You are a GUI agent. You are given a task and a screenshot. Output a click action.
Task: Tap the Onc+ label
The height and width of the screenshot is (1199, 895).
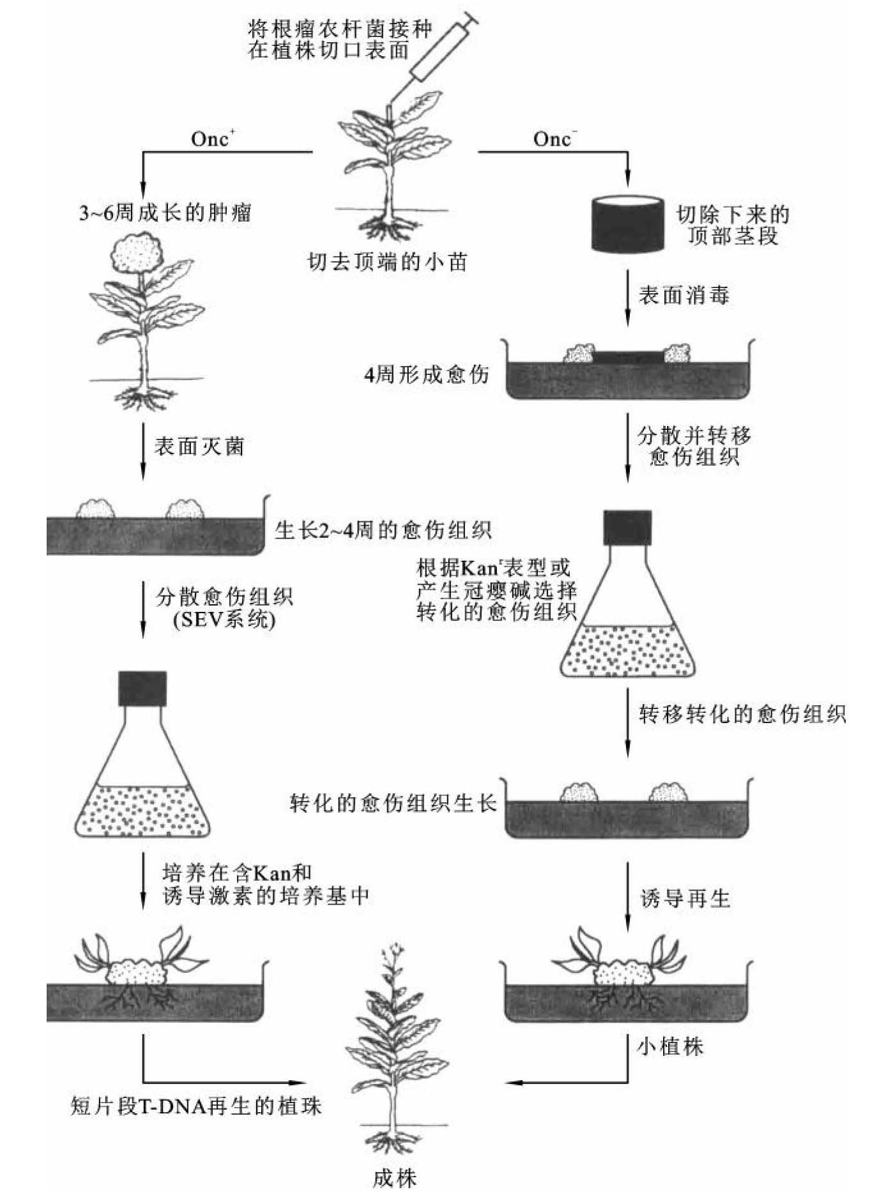(x=213, y=139)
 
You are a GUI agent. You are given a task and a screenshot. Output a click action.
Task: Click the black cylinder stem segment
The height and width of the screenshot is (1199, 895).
(x=628, y=224)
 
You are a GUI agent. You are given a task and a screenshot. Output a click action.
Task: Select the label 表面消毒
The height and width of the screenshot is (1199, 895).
(x=684, y=295)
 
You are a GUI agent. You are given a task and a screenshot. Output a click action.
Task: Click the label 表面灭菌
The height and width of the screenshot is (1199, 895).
(x=199, y=446)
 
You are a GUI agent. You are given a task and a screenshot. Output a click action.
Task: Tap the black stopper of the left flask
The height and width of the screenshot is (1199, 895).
(x=142, y=688)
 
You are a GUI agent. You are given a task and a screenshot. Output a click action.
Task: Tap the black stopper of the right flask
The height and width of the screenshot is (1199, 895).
(x=627, y=527)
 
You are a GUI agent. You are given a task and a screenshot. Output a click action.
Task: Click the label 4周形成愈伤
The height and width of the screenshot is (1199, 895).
(x=426, y=374)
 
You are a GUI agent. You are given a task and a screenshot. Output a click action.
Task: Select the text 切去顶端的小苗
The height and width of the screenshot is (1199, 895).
(x=387, y=262)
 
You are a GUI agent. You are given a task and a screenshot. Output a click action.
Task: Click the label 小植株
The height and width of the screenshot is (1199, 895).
(x=669, y=1046)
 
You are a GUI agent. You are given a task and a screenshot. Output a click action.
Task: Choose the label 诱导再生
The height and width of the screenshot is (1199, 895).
(x=685, y=899)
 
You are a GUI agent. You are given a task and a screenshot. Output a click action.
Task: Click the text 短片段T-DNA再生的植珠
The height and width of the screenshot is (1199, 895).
(x=195, y=1106)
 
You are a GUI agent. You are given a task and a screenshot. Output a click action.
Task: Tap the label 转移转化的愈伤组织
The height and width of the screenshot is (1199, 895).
(x=742, y=714)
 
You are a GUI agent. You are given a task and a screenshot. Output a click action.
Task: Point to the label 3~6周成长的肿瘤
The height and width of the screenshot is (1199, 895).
(x=165, y=212)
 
